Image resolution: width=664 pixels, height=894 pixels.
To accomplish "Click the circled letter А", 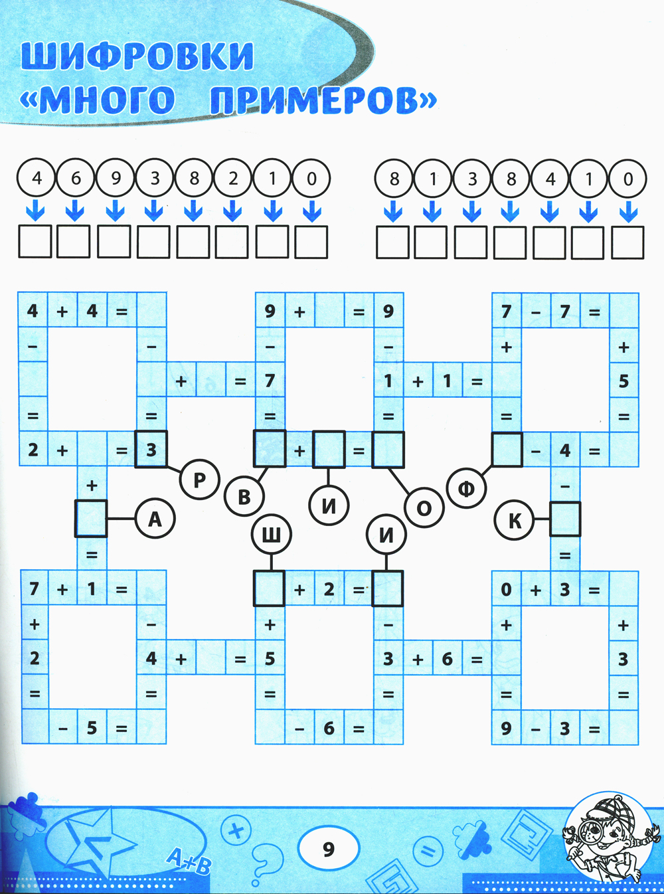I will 155,519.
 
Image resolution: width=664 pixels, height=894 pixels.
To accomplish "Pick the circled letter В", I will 244,496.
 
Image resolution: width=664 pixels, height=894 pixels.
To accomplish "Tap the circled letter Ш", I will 271,534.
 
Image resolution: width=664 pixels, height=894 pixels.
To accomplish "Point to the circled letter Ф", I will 467,488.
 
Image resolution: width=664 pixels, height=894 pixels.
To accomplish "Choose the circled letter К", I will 515,521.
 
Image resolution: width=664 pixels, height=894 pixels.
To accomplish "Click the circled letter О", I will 424,509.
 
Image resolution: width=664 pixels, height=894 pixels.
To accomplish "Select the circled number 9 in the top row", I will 115,178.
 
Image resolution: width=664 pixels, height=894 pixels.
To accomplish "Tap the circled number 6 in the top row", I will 76,178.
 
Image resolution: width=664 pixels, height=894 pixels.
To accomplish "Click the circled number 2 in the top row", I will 233,178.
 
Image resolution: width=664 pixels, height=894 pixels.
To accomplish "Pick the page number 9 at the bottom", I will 329,849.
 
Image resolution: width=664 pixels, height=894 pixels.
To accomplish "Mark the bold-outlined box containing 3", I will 151,450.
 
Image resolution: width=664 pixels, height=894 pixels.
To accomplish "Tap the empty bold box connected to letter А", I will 91,519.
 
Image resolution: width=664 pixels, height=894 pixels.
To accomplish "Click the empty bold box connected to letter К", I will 565,519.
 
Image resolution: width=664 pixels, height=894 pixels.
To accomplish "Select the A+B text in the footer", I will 188,861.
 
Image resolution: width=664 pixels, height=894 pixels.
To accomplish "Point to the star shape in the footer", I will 100,844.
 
